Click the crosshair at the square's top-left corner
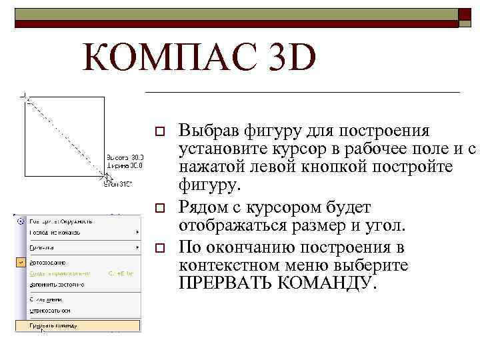coord(26,97)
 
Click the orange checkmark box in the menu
coord(21,262)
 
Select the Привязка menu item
coord(41,246)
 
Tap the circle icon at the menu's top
coord(21,221)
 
